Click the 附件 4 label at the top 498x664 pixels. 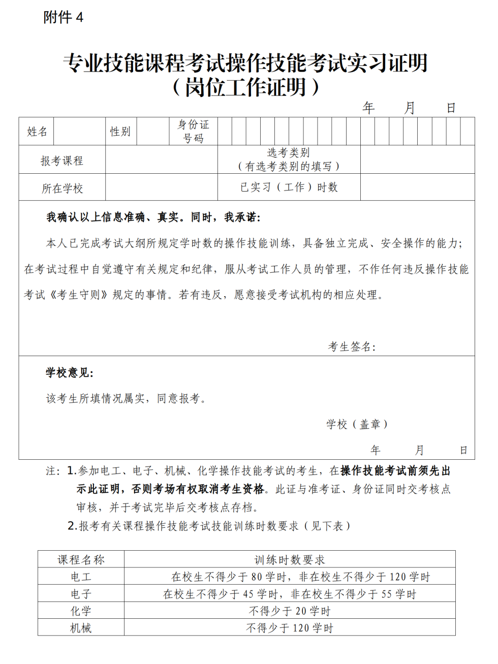[x=63, y=17]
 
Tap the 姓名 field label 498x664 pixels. [x=37, y=132]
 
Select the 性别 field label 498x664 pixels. [x=120, y=132]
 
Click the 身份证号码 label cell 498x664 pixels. [x=193, y=132]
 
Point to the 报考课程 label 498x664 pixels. [x=62, y=161]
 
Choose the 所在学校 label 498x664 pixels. [x=62, y=188]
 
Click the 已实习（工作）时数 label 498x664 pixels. [x=289, y=187]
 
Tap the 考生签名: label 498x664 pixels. [x=352, y=347]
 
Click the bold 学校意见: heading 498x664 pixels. [x=70, y=373]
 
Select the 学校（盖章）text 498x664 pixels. [x=357, y=424]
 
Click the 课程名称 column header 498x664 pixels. [x=81, y=560]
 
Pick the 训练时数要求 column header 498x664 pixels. [x=290, y=560]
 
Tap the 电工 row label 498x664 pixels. [x=81, y=577]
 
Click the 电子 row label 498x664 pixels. [x=81, y=594]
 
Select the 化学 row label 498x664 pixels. [x=81, y=611]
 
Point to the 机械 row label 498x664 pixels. [x=81, y=628]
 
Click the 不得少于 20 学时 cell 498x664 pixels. [x=290, y=611]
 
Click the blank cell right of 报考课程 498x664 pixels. [x=162, y=160]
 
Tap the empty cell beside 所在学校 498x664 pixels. [x=162, y=187]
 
